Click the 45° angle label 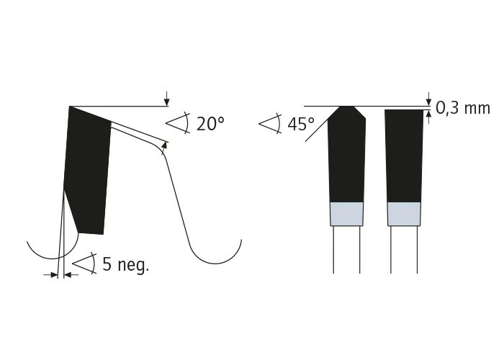(x=301, y=124)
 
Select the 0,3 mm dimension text (x=463, y=108)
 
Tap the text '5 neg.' (x=126, y=264)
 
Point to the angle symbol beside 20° (x=178, y=123)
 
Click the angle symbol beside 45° (x=271, y=123)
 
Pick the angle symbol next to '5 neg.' (x=84, y=264)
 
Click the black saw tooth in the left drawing (x=87, y=171)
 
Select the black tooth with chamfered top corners (x=346, y=154)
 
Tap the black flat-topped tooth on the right (x=404, y=156)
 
